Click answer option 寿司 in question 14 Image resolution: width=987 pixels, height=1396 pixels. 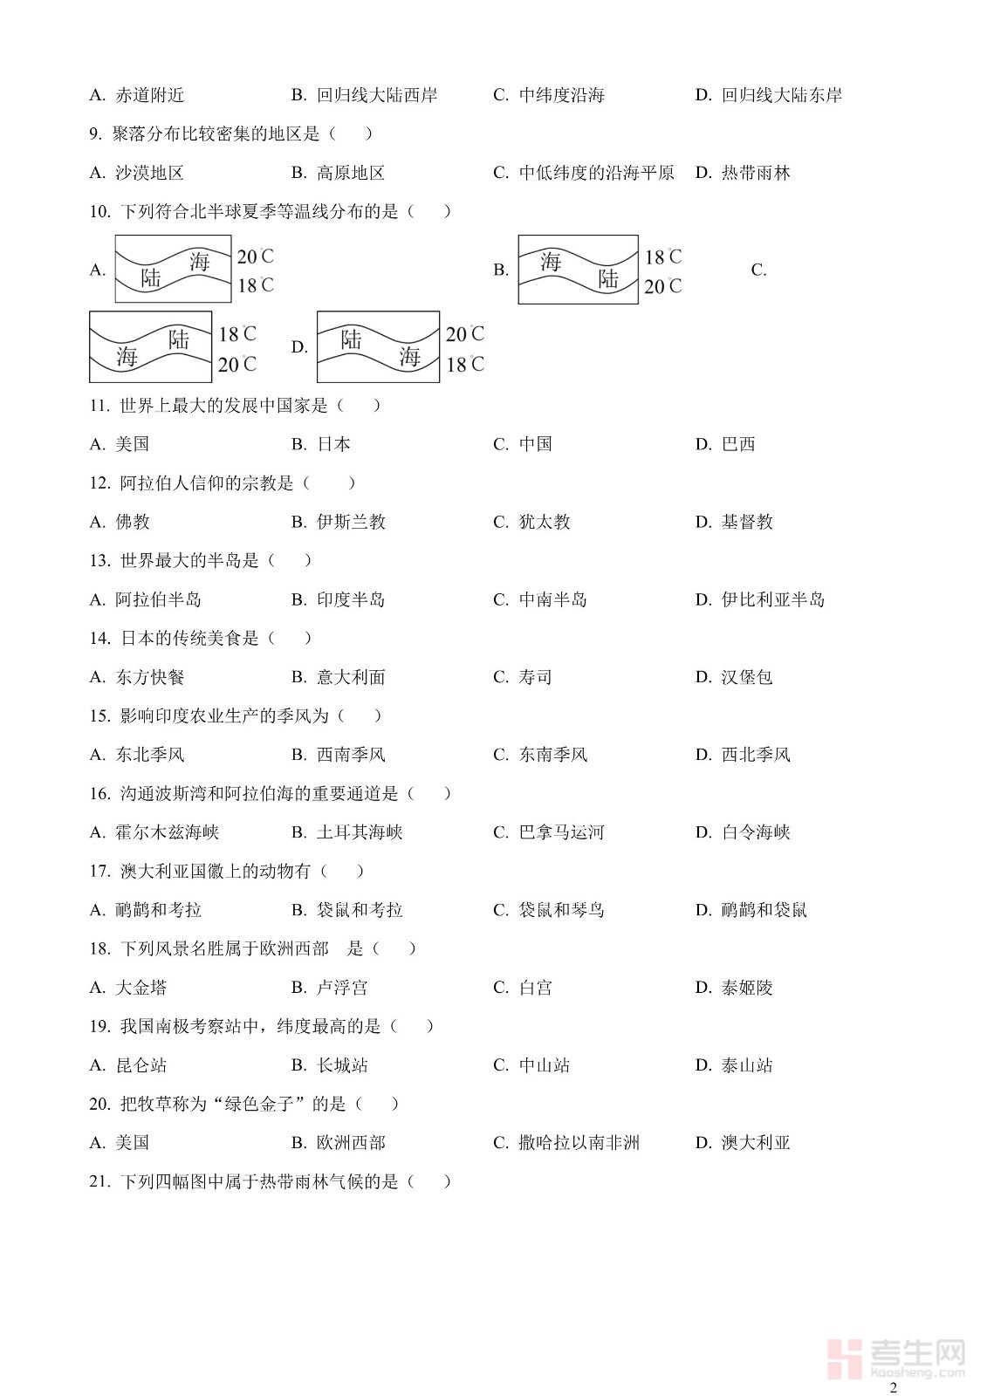click(535, 677)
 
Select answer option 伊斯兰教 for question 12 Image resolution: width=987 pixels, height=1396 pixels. click(351, 522)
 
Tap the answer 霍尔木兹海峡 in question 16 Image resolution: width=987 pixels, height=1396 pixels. click(167, 832)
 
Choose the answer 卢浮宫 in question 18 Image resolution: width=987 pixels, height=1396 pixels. click(342, 988)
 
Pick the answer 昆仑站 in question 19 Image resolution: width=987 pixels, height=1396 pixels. click(141, 1065)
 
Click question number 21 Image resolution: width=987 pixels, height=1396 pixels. click(99, 1181)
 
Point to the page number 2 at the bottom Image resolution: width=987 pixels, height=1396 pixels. click(893, 1388)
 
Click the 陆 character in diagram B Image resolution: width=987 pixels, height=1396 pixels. click(608, 278)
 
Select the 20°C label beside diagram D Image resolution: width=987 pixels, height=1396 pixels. click(464, 334)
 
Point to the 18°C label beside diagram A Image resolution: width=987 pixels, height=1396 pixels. click(255, 285)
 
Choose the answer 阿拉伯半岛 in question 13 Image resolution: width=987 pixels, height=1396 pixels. click(158, 599)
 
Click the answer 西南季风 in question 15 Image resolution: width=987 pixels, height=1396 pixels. click(351, 755)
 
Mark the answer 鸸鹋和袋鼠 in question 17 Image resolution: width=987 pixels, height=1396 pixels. click(764, 910)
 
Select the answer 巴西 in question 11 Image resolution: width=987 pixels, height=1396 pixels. click(737, 444)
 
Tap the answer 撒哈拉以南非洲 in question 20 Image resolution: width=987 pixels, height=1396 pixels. click(579, 1143)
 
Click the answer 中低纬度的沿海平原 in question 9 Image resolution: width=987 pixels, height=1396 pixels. click(596, 173)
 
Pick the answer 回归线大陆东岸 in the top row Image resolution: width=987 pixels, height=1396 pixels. click(781, 95)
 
